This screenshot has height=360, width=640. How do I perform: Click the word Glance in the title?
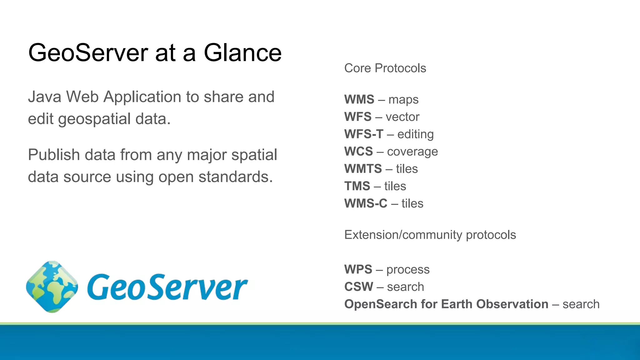pos(242,52)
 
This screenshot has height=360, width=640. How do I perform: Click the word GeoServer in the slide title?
pos(88,52)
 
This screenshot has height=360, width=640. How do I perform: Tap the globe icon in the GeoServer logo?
pos(52,287)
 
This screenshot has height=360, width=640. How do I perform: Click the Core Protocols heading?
pos(385,68)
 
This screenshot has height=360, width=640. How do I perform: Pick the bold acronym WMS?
pos(359,99)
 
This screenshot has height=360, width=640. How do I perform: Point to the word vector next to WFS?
pos(402,117)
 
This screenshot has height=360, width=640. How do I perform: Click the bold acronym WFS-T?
pos(364,134)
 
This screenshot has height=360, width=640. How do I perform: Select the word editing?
pos(415,134)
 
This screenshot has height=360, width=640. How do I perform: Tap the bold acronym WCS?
pos(358,152)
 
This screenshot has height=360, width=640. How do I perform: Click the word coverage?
pos(412,152)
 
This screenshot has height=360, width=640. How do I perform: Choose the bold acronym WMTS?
pos(363,169)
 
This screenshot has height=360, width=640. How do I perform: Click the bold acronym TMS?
pos(357,186)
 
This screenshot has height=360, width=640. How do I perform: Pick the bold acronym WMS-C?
pos(366,203)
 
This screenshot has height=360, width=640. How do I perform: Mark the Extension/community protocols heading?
pos(430,235)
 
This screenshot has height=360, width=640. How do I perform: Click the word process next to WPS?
pos(408,269)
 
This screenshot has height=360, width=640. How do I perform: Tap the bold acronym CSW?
pos(358,287)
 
